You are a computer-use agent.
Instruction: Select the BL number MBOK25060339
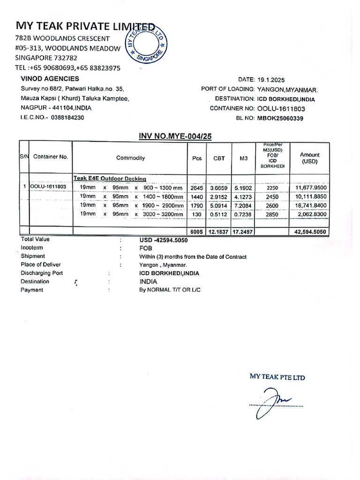pyautogui.click(x=280, y=118)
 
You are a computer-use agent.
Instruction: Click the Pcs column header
pyautogui.click(x=197, y=158)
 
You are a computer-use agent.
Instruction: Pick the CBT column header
pyautogui.click(x=219, y=158)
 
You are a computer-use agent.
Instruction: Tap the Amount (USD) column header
pyautogui.click(x=309, y=158)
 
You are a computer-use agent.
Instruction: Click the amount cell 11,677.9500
pyautogui.click(x=311, y=187)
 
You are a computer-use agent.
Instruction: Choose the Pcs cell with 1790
pyautogui.click(x=196, y=205)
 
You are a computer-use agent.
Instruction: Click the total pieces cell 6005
pyautogui.click(x=196, y=232)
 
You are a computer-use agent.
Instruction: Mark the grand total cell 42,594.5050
pyautogui.click(x=311, y=232)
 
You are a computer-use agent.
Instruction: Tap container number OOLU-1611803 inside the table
pyautogui.click(x=48, y=187)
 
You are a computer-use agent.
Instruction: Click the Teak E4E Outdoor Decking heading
pyautogui.click(x=110, y=179)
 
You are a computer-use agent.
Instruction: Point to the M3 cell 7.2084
pyautogui.click(x=243, y=205)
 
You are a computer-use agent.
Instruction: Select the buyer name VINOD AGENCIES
pyautogui.click(x=50, y=79)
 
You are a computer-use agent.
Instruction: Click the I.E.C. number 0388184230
pyautogui.click(x=67, y=118)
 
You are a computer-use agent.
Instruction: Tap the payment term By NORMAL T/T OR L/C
pyautogui.click(x=170, y=290)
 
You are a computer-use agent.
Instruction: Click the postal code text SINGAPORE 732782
pyautogui.click(x=46, y=58)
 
